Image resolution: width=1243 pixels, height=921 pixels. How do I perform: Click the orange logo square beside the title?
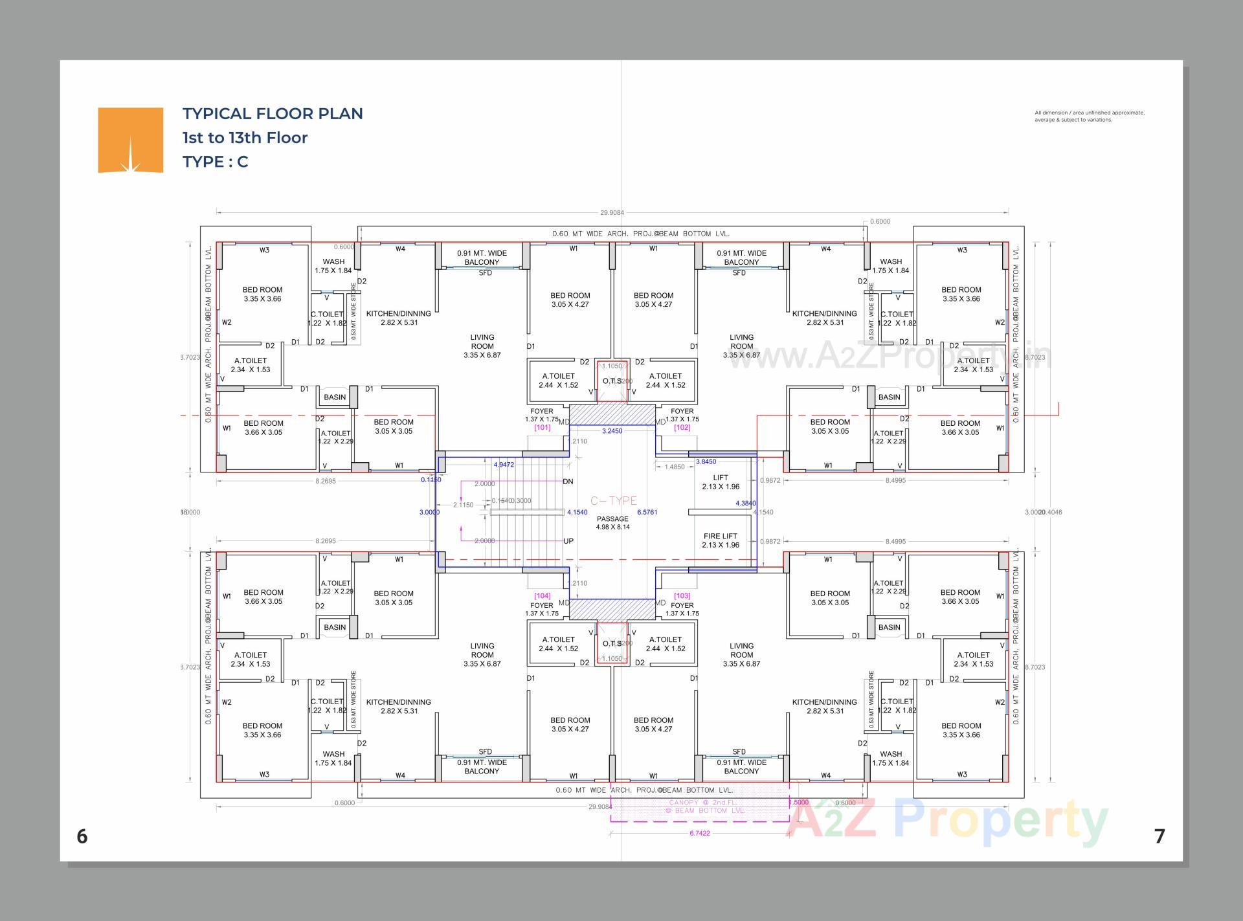pos(130,140)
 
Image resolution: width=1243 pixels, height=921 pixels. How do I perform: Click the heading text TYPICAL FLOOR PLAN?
pos(273,114)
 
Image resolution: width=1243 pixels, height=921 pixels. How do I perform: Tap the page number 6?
pos(82,837)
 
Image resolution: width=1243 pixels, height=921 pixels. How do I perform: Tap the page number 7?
pos(1159,837)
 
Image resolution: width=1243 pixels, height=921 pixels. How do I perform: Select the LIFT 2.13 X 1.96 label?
pos(721,482)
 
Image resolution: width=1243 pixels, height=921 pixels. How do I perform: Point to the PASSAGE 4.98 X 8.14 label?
pos(612,523)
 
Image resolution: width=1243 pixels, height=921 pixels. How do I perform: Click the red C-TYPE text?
pos(613,501)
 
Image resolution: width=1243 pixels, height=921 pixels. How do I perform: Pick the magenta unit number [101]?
pos(542,428)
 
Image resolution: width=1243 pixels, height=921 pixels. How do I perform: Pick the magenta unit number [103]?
pos(682,596)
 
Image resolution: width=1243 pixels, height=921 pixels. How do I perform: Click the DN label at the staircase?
pos(568,482)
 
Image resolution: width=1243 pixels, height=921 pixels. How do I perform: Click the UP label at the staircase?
pos(568,541)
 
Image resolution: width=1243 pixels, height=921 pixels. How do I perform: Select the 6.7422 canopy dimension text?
pos(699,834)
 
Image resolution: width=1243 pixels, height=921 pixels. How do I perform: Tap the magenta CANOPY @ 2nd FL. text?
pos(702,803)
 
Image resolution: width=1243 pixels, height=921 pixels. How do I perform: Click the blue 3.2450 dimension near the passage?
pos(612,431)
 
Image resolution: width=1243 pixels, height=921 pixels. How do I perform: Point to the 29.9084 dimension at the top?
pos(612,212)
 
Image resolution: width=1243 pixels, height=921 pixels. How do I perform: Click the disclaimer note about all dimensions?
pos(1089,116)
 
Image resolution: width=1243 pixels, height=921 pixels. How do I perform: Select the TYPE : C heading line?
pos(215,162)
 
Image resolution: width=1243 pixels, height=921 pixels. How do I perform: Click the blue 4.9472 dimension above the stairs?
pos(504,465)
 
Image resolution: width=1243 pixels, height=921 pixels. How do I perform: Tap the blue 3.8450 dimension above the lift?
pos(706,462)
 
